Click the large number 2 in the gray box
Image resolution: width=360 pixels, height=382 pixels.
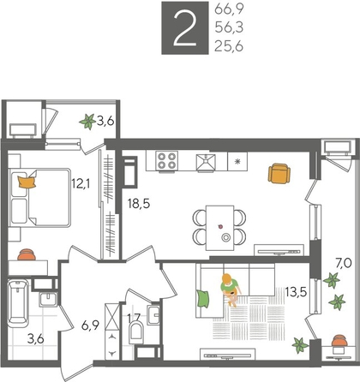coord(181,30)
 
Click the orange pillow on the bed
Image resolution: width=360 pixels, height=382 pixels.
coord(27,182)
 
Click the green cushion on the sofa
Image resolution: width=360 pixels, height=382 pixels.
coord(204,297)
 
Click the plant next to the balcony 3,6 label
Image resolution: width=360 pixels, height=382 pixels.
coord(88,122)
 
